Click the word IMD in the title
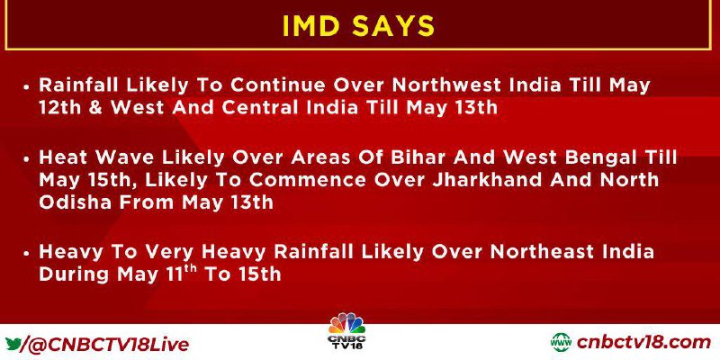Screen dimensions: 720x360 [x=312, y=25]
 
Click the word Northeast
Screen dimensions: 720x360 [x=538, y=252]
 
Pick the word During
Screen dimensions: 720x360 [x=76, y=274]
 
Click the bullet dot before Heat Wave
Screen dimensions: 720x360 [x=27, y=158]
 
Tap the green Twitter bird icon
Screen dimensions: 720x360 [x=13, y=343]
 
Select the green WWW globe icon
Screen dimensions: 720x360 [x=561, y=343]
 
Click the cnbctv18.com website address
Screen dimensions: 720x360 [x=643, y=343]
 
